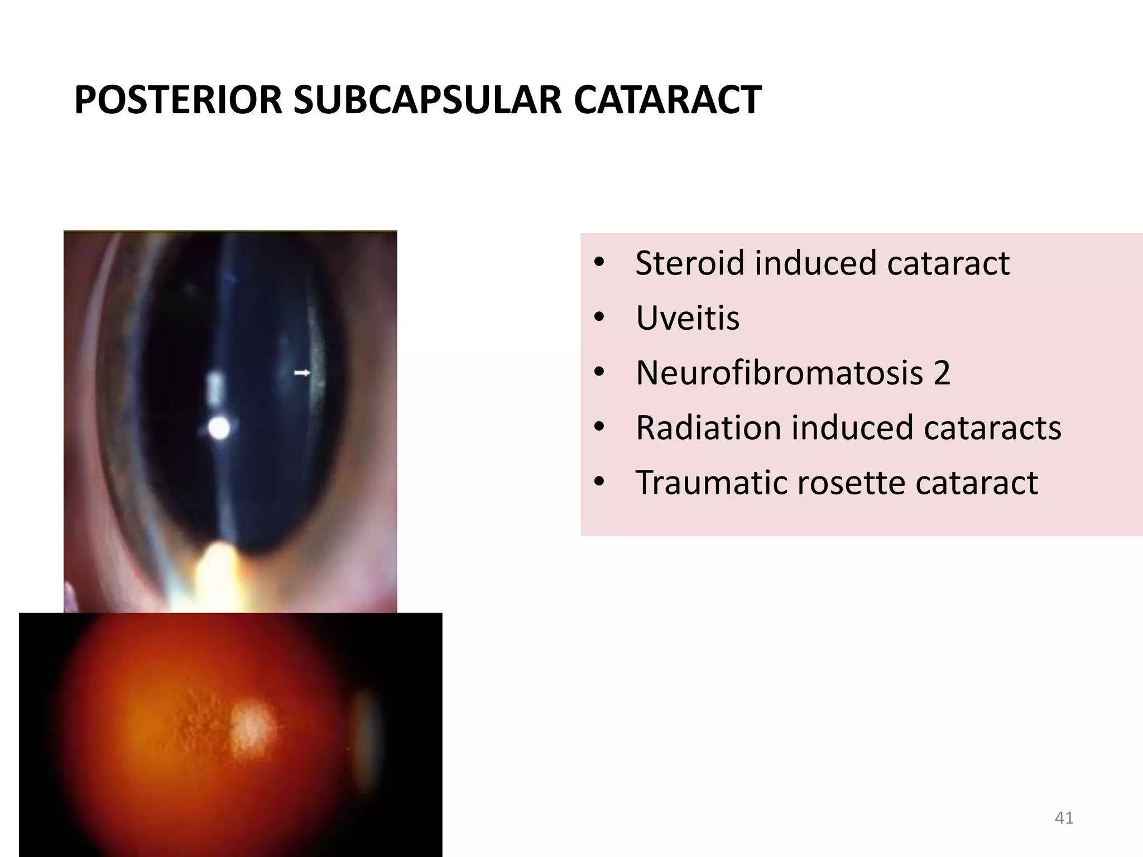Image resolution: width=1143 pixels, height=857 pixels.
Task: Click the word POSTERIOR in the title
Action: coord(178,100)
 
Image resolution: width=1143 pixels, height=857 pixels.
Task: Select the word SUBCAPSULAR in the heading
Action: coord(428,100)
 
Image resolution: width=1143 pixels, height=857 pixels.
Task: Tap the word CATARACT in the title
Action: coord(667,100)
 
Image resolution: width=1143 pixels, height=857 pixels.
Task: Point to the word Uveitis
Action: coord(688,318)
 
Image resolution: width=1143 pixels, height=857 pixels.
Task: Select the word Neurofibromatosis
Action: coord(779,372)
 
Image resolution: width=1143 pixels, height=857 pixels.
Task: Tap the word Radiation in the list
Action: coord(708,427)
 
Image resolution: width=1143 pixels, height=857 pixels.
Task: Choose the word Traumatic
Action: coord(711,482)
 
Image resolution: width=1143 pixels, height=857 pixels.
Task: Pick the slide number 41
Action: coord(1064,818)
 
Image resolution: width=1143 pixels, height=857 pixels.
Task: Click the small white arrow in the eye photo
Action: coord(302,372)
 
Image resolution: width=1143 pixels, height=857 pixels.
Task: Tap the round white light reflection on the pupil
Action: coord(219,428)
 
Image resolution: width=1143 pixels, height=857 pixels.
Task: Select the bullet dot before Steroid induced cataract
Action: coord(599,263)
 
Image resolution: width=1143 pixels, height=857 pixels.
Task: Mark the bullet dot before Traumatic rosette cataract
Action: coord(599,482)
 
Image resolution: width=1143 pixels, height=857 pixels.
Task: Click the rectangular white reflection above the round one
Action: coord(214,386)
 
